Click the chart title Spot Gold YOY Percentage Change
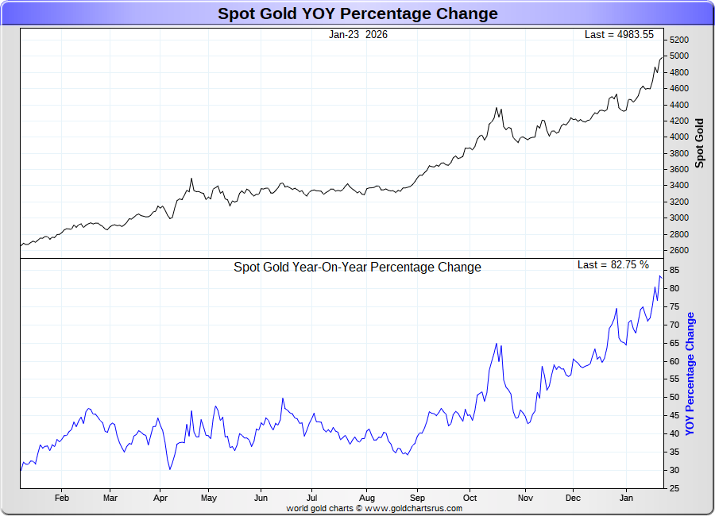point(357,13)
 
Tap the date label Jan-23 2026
point(358,35)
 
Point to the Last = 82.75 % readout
point(613,264)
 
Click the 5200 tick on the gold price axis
point(678,40)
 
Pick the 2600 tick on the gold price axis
point(678,251)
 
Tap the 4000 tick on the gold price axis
point(678,137)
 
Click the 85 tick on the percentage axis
point(674,271)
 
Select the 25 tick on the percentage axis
point(674,488)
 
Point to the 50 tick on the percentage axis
point(674,397)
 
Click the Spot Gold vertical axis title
point(700,143)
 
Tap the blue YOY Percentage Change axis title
point(690,373)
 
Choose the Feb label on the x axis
point(62,499)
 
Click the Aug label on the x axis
point(367,499)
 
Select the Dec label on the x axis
point(573,499)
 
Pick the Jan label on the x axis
point(626,499)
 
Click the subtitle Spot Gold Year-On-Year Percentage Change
point(357,268)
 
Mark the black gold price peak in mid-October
point(497,108)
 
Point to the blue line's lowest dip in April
point(170,469)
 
